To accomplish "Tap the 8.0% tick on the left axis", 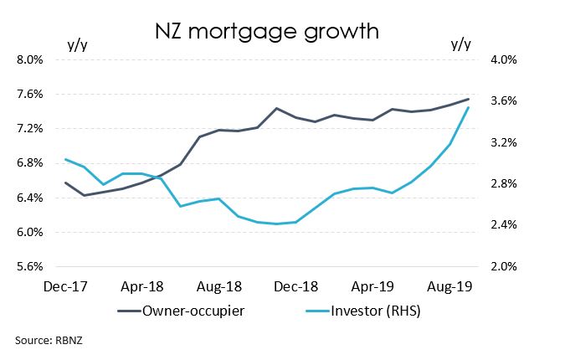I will [30, 59].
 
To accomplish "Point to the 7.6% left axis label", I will [30, 94].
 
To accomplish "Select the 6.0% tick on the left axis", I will [30, 232].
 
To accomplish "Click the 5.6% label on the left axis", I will [30, 267].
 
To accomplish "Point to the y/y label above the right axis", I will [461, 44].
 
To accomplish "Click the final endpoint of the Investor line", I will [468, 107].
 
